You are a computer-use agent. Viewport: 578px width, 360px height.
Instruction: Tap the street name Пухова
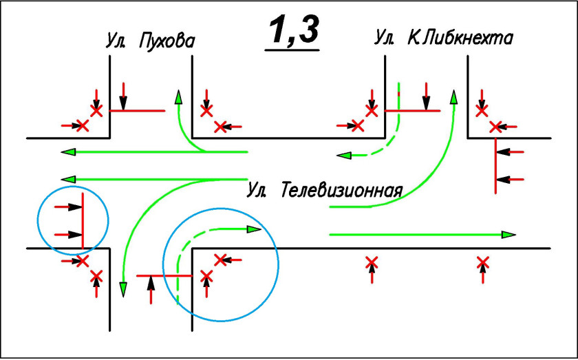click(x=167, y=41)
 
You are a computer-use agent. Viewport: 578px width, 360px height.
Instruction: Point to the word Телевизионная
click(x=341, y=189)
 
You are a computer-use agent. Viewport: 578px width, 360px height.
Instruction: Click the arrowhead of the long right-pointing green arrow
click(x=509, y=235)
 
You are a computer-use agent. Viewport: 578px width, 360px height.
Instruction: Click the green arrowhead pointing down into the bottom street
click(x=123, y=289)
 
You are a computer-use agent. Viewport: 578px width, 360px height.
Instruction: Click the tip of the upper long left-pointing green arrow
click(x=67, y=152)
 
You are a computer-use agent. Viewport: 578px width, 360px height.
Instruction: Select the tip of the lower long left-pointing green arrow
click(x=67, y=179)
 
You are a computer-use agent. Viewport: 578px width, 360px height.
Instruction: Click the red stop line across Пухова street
click(x=138, y=110)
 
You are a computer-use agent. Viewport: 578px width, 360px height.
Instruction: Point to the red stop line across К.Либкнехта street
click(x=412, y=110)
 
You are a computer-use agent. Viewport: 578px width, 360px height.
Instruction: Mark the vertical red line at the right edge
click(x=495, y=165)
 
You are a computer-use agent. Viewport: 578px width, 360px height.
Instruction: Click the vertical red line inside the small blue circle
click(x=83, y=220)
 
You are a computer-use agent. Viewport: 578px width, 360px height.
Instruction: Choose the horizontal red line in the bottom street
click(x=164, y=275)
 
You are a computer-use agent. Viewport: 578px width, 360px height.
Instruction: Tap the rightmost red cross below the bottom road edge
click(x=483, y=262)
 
